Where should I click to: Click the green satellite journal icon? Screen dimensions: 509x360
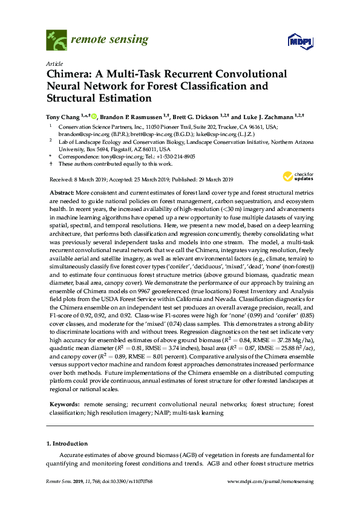[56, 41]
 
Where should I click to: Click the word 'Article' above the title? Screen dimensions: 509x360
[54, 63]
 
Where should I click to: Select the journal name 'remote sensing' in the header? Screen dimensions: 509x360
[110, 40]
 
